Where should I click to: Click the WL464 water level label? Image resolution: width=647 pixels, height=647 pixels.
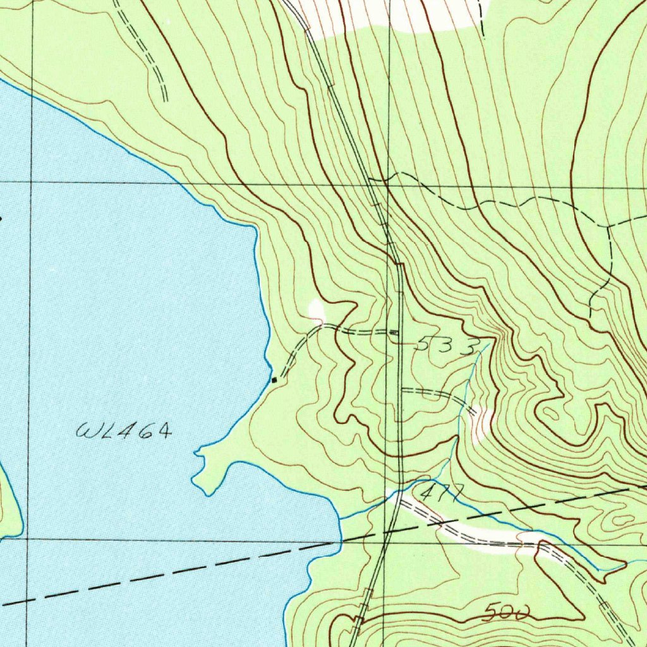tap(124, 432)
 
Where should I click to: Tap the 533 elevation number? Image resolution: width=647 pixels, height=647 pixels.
tap(445, 346)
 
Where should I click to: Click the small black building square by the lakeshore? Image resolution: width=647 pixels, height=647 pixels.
tap(274, 380)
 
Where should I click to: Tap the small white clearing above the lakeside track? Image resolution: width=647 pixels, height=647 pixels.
tap(315, 309)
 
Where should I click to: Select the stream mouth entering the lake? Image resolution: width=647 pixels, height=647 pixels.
tap(341, 519)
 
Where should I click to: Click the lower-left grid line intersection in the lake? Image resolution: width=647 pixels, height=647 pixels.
tap(28, 538)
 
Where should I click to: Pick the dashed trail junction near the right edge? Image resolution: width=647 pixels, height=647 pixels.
tap(608, 225)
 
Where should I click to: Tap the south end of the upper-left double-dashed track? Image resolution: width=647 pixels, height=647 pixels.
tap(166, 99)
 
